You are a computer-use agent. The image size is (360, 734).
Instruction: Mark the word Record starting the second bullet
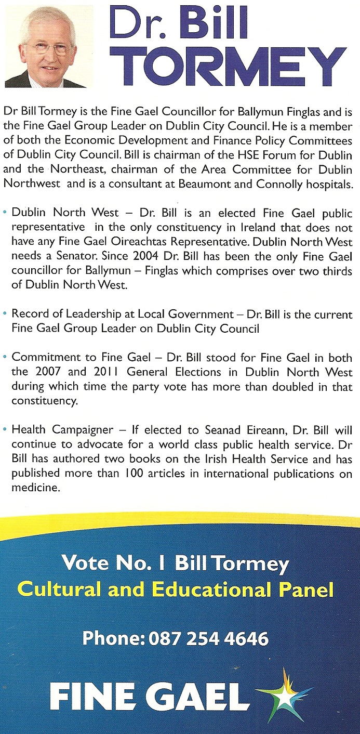tap(28, 314)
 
